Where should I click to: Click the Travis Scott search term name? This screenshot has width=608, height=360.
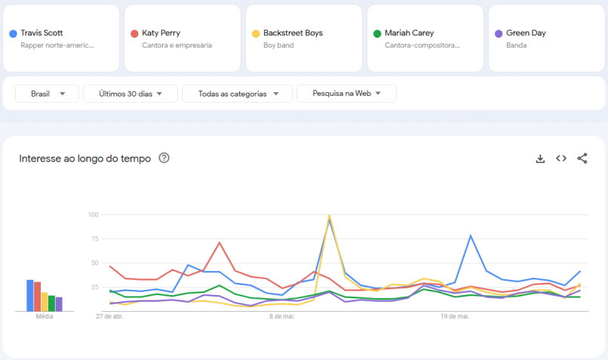[x=41, y=33]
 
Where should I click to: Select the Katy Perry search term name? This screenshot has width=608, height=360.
[x=161, y=33]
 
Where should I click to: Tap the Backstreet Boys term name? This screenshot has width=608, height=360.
[x=293, y=33]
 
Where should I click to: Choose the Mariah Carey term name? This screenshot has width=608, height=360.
[x=409, y=33]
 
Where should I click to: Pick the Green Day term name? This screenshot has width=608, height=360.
[x=526, y=33]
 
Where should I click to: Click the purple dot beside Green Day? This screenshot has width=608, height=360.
[x=499, y=34]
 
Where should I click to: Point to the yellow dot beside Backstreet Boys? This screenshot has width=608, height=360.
[x=256, y=34]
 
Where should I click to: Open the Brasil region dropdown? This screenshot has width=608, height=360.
[x=47, y=94]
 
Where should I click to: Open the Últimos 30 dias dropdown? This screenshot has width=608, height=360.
[x=130, y=94]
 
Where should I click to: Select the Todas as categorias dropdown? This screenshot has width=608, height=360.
[x=237, y=94]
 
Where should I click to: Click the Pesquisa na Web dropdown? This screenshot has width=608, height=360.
[x=346, y=94]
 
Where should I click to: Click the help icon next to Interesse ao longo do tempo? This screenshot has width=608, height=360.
[x=164, y=158]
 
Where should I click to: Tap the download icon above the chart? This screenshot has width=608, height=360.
[x=540, y=158]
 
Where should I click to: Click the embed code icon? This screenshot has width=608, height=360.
[x=561, y=158]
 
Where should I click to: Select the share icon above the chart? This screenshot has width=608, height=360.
[x=582, y=158]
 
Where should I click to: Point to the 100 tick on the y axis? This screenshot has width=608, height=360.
[x=94, y=215]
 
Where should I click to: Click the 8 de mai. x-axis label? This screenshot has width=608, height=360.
[x=282, y=317]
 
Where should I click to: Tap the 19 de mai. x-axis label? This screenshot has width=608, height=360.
[x=455, y=317]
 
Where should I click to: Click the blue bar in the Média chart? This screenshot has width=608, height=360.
[x=30, y=295]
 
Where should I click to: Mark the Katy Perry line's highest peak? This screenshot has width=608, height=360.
[x=220, y=243]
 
